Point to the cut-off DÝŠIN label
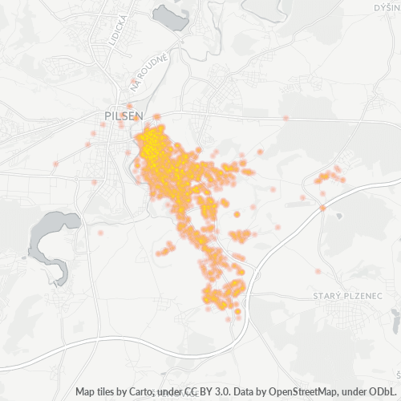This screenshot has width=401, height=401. coord(387,7)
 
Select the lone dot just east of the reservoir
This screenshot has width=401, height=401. coord(102,233)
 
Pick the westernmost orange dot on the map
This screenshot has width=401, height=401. coord(55,164)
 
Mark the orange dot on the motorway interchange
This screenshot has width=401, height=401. coord(322,208)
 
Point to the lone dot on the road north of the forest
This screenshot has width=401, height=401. coord(286,118)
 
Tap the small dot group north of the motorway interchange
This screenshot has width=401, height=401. coord(329,175)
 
